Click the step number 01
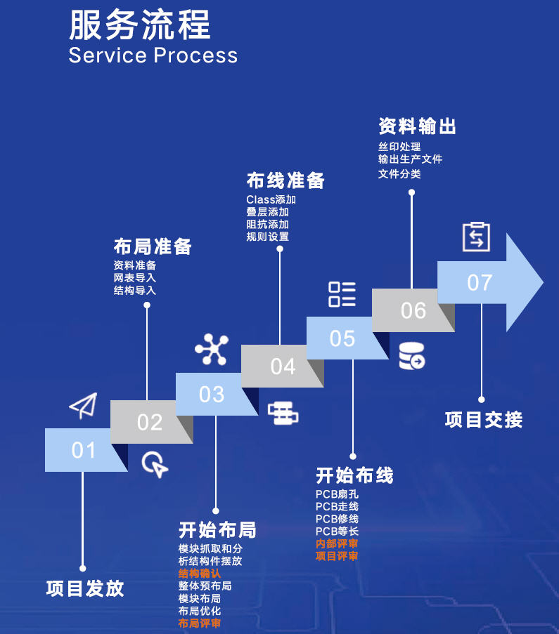[83, 450]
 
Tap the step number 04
[283, 366]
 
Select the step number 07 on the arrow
[480, 283]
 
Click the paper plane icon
[82, 406]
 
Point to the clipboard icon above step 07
[476, 237]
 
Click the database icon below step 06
[412, 356]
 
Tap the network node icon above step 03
[212, 350]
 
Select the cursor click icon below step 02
[155, 465]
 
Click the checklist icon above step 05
[342, 294]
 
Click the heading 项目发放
[85, 588]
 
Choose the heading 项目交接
[484, 420]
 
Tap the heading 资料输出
[418, 126]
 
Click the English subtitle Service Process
[153, 55]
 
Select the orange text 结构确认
[200, 574]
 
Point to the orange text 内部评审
[337, 543]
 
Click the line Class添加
[271, 199]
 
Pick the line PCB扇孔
[337, 494]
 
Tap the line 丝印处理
[399, 147]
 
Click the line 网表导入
[135, 278]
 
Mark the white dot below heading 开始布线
[353, 456]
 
